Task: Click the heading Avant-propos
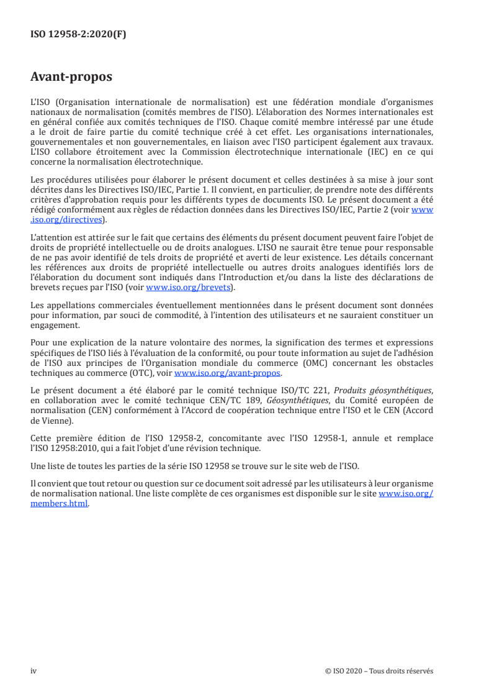click(x=71, y=78)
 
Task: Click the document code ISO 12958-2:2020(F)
click(x=78, y=35)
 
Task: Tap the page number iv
click(x=34, y=671)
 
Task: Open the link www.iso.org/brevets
click(x=187, y=288)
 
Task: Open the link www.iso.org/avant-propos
click(x=228, y=373)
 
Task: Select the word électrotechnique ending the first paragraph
click(x=168, y=163)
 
